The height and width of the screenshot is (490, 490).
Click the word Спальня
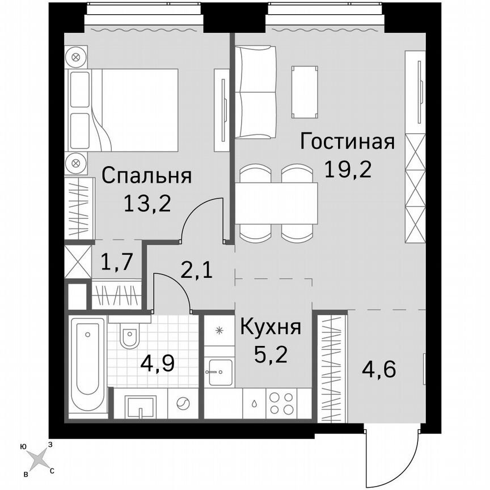pos(146,176)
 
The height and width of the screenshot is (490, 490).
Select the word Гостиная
pos(347,141)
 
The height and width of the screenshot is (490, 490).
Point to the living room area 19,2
pos(348,168)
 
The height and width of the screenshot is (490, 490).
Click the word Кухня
pos(270,327)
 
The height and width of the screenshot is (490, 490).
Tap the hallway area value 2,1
pos(196,271)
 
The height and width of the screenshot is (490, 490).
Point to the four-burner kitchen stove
pos(281,403)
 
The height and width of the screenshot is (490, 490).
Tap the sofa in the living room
pos(256,92)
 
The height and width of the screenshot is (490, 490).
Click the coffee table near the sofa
pos(305,91)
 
